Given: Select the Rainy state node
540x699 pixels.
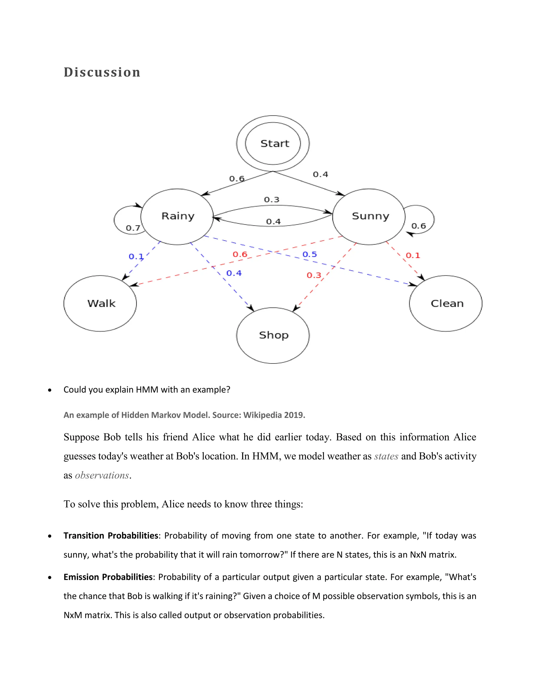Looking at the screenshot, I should tap(177, 216).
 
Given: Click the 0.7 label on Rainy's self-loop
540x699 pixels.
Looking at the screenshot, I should tap(133, 228).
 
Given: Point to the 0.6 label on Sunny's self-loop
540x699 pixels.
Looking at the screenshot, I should tap(418, 226).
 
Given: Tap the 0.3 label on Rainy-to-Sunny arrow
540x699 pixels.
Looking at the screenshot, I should tap(272, 200).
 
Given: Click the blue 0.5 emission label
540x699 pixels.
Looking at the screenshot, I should tap(310, 255).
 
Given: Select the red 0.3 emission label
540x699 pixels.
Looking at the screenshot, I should tap(314, 275).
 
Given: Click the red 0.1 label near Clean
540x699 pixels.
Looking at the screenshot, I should tap(413, 255).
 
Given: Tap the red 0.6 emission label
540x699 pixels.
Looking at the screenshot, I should tap(240, 255).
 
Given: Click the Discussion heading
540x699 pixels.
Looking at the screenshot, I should tap(102, 72).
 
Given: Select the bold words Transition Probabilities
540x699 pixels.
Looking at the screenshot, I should tap(111, 536).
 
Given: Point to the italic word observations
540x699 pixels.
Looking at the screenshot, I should tap(102, 475).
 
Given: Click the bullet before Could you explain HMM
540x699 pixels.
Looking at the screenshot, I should tap(50, 390).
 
